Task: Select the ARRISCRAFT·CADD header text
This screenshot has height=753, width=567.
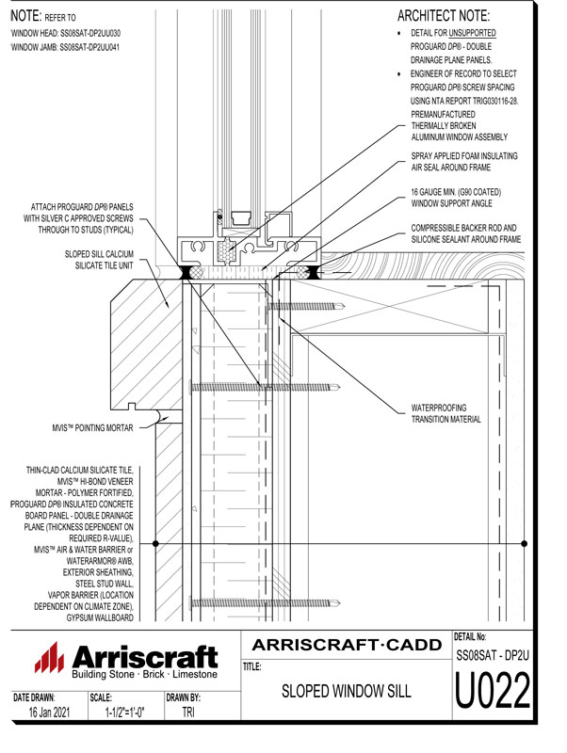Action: (x=348, y=645)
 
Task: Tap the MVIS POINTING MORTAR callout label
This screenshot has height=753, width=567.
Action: (x=93, y=427)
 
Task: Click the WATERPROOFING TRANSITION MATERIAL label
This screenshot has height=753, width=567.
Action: (x=446, y=414)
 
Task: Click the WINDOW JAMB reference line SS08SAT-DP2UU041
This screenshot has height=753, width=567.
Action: (x=65, y=45)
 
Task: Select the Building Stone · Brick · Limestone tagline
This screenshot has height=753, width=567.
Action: (x=144, y=676)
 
